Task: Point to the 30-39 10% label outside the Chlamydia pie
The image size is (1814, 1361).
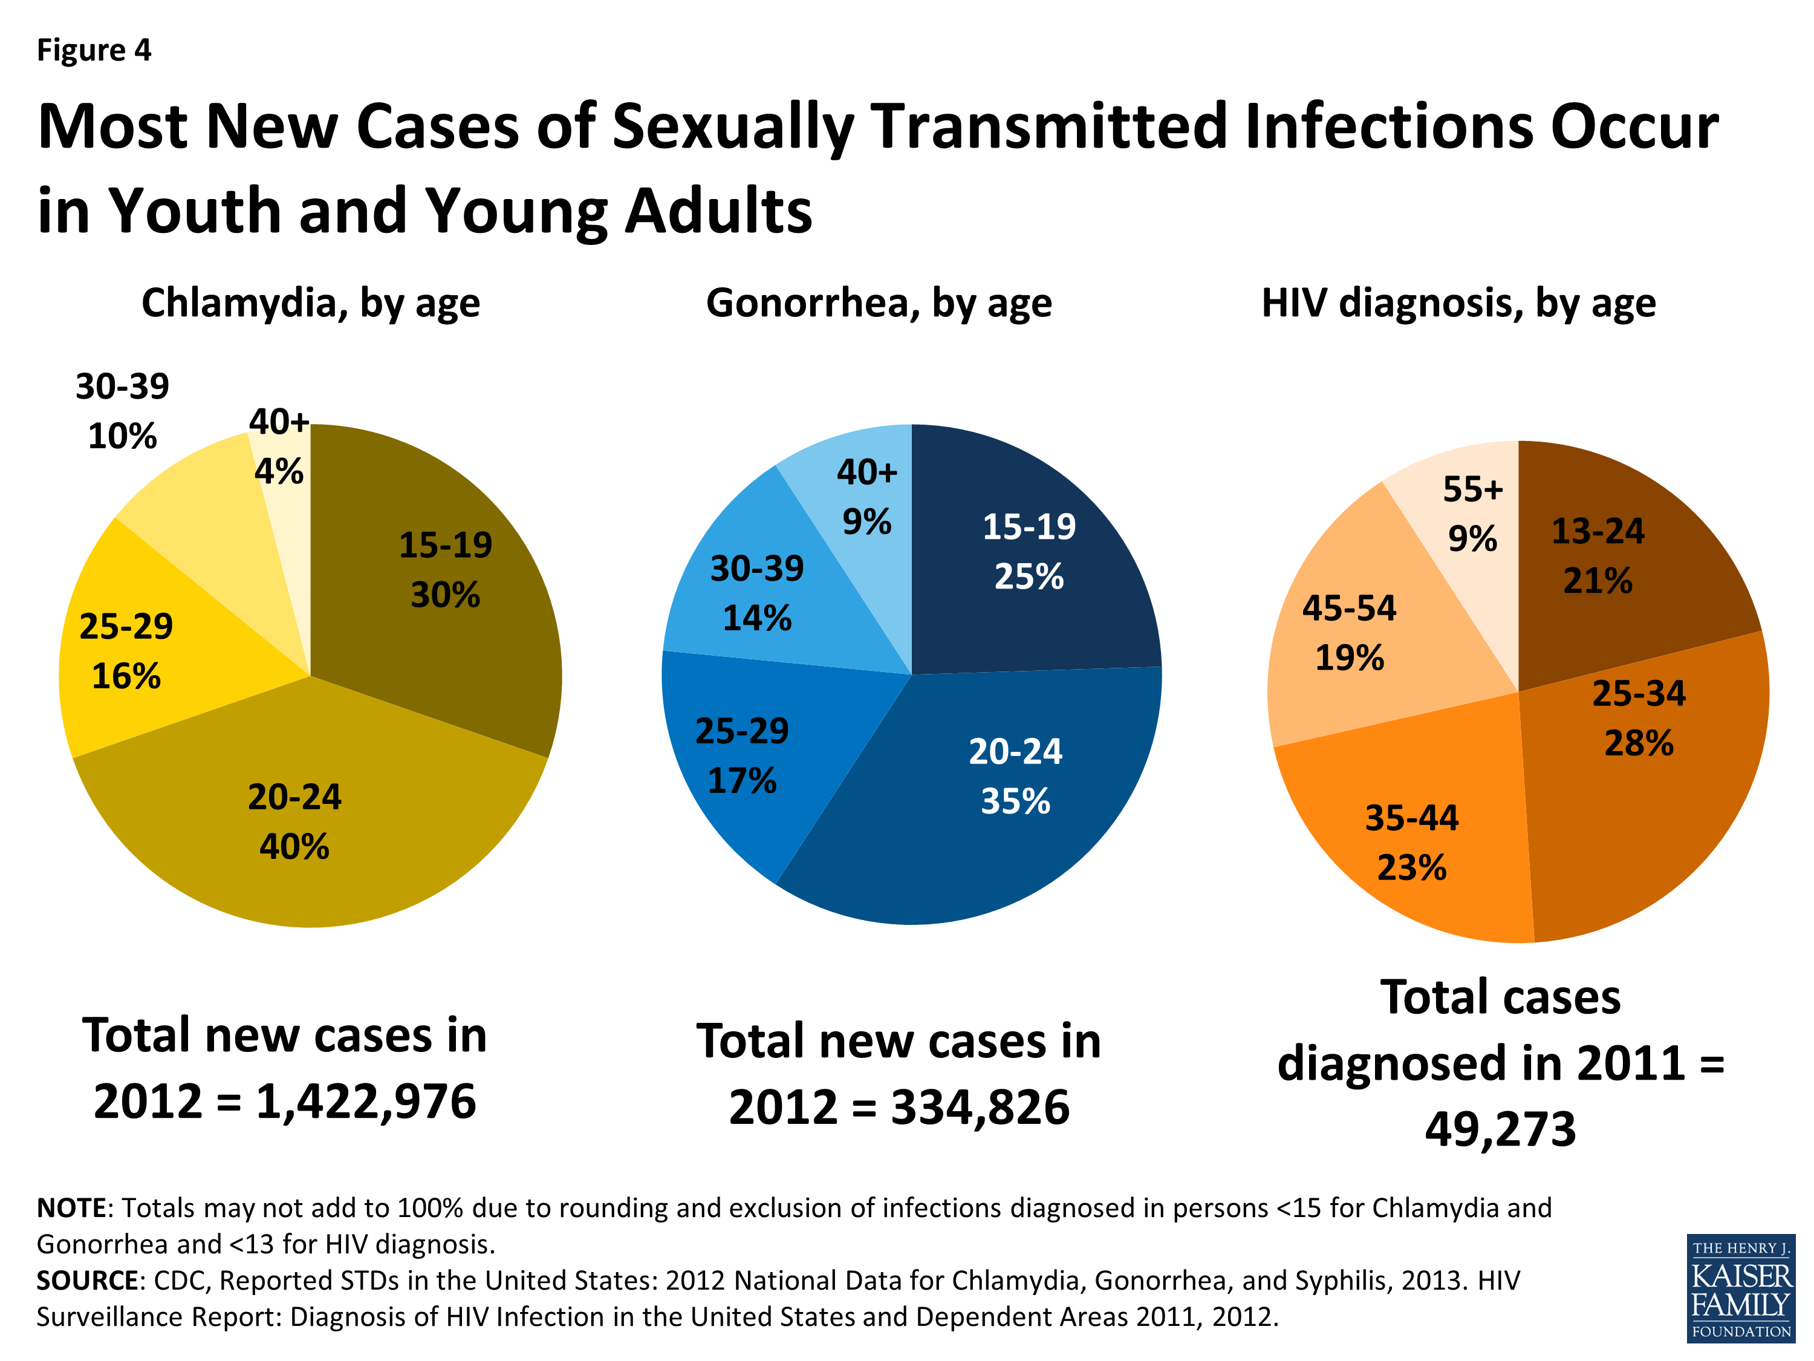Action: coord(122,411)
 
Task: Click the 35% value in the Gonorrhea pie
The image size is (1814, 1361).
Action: coord(1015,801)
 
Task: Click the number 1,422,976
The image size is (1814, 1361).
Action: coord(366,1102)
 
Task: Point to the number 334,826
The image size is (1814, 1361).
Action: coord(980,1108)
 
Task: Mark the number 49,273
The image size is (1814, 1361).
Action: coord(1500,1129)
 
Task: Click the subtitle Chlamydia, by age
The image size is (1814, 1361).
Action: coord(310,304)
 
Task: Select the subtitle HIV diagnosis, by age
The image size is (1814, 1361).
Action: coord(1458,304)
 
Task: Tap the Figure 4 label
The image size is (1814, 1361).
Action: coord(94,51)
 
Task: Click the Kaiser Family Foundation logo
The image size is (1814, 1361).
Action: coord(1740,1288)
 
